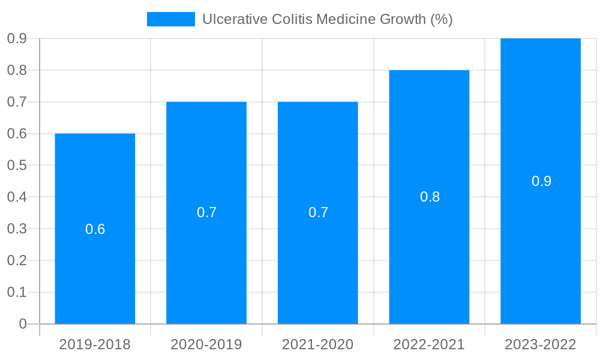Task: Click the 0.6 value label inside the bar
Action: [x=95, y=229]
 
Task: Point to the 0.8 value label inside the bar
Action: [x=430, y=197]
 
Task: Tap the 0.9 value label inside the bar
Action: [x=541, y=181]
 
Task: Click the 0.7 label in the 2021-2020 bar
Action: [x=318, y=212]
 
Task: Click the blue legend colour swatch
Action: [x=171, y=19]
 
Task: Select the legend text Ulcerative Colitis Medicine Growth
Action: [x=327, y=19]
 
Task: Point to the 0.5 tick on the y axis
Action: [x=17, y=165]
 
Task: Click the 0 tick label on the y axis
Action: [x=23, y=324]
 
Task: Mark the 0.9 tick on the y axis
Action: [x=17, y=38]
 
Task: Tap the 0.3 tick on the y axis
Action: [x=17, y=229]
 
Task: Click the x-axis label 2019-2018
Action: [x=95, y=344]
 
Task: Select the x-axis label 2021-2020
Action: [x=318, y=344]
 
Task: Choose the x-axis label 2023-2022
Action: [x=541, y=344]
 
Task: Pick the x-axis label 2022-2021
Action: [x=429, y=344]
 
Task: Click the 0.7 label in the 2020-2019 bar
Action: [x=206, y=212]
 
